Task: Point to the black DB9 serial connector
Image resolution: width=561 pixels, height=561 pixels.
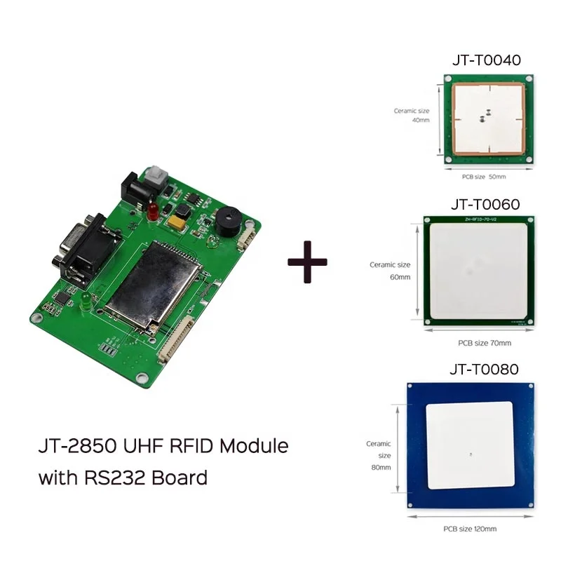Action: pyautogui.click(x=77, y=249)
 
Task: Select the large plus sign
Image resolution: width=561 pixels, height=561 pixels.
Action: pyautogui.click(x=307, y=261)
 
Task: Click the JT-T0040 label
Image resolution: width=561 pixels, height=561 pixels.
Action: pyautogui.click(x=486, y=60)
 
